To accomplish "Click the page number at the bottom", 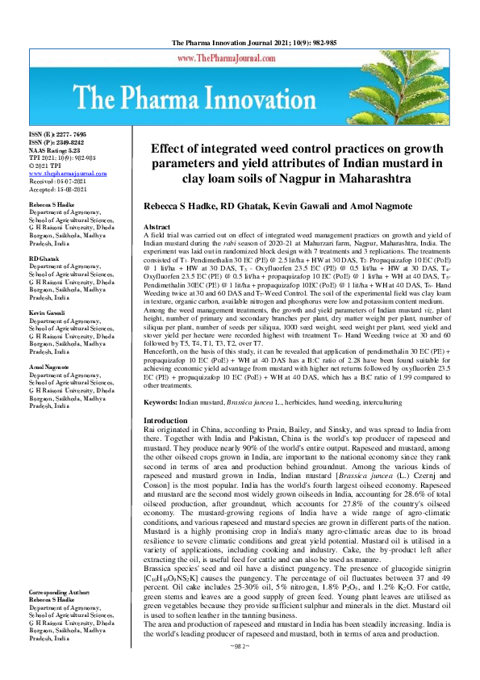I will (240, 670).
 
